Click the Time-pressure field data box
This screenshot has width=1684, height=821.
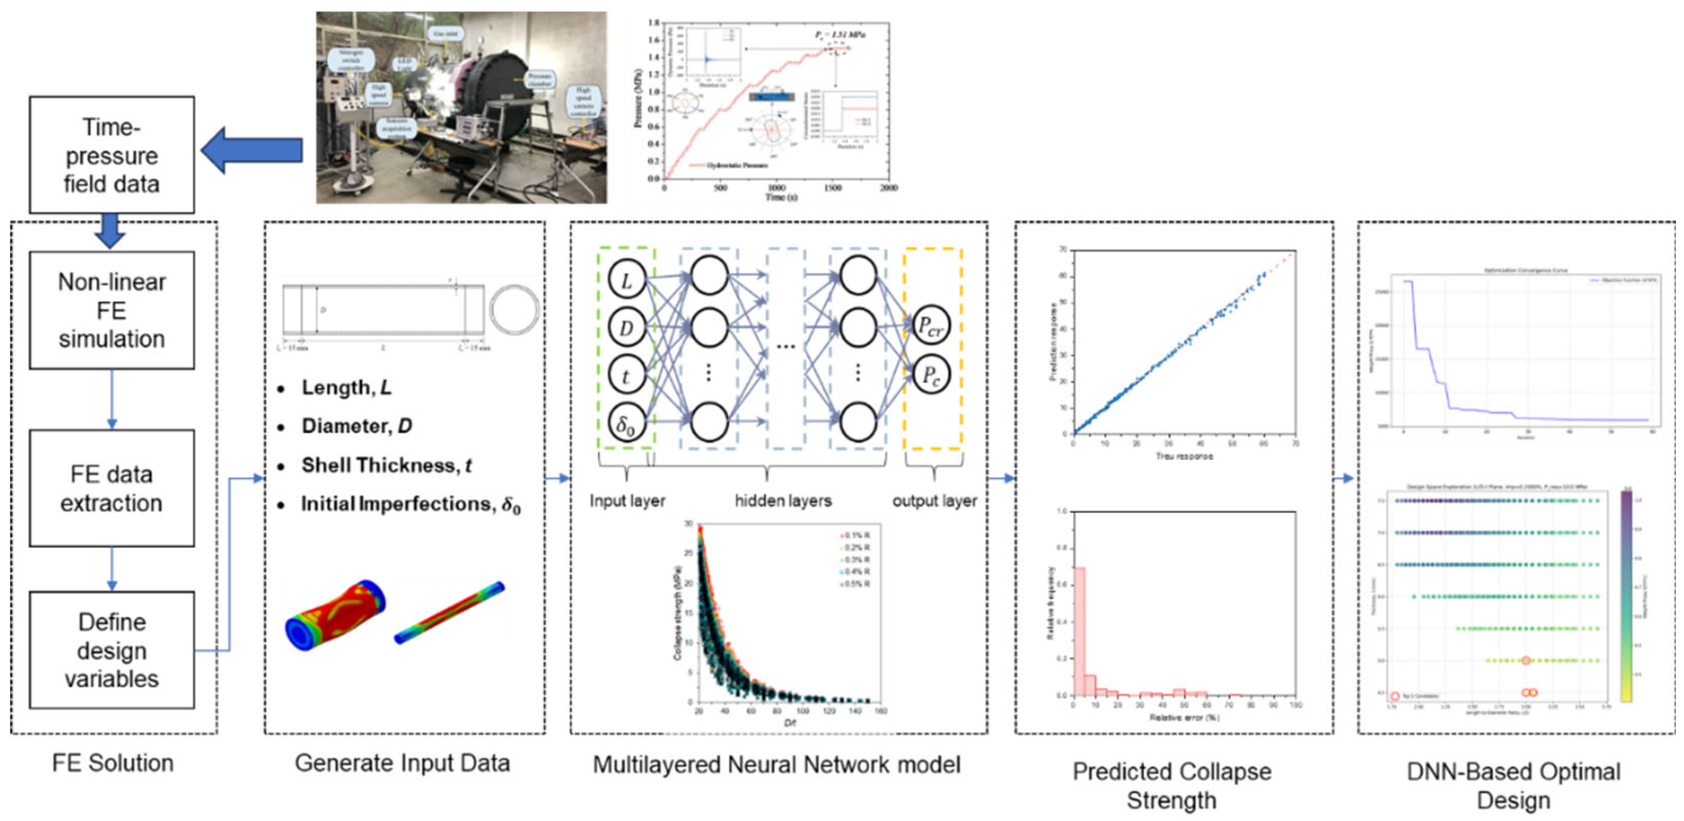tap(112, 155)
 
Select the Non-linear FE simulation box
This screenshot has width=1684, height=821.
tap(112, 310)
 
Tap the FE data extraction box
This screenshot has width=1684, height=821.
tap(112, 488)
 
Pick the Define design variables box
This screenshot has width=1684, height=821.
tap(112, 650)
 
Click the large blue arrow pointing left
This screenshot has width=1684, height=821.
tap(252, 151)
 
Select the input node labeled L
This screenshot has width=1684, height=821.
tap(626, 280)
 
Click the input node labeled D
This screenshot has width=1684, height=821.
tap(626, 328)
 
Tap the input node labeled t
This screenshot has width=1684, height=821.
tap(626, 376)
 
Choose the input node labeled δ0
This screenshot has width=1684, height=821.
tap(626, 424)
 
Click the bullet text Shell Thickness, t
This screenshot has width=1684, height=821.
tap(386, 466)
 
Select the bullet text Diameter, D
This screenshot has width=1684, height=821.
tap(357, 426)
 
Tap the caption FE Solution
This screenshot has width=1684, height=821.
tap(112, 763)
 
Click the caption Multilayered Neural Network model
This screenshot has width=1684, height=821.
tap(777, 764)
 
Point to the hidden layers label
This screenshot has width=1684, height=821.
tap(783, 502)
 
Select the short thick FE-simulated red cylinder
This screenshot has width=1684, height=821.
tap(335, 615)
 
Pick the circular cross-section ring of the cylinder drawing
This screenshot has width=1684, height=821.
tap(514, 310)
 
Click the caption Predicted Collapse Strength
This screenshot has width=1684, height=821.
tap(1172, 785)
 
